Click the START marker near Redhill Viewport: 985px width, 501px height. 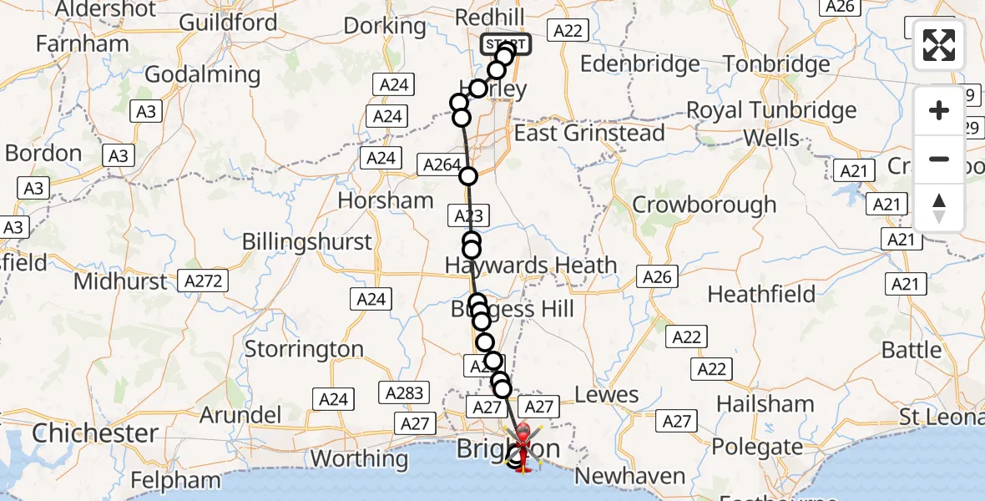pos(506,43)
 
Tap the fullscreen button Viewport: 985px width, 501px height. pos(939,45)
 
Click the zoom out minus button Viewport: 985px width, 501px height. pos(939,159)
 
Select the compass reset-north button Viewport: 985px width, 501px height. pos(939,208)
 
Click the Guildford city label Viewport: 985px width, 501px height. pos(228,23)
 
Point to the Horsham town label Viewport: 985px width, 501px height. pos(386,200)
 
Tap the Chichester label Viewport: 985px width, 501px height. pos(94,433)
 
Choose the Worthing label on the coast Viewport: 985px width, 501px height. pos(360,458)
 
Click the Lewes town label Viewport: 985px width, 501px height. pos(606,395)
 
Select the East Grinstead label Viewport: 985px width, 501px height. pos(589,134)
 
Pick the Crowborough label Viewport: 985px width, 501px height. pos(704,205)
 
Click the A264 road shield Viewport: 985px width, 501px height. pos(441,165)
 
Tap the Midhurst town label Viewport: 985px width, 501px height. pos(120,281)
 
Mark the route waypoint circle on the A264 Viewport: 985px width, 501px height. pos(468,176)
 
